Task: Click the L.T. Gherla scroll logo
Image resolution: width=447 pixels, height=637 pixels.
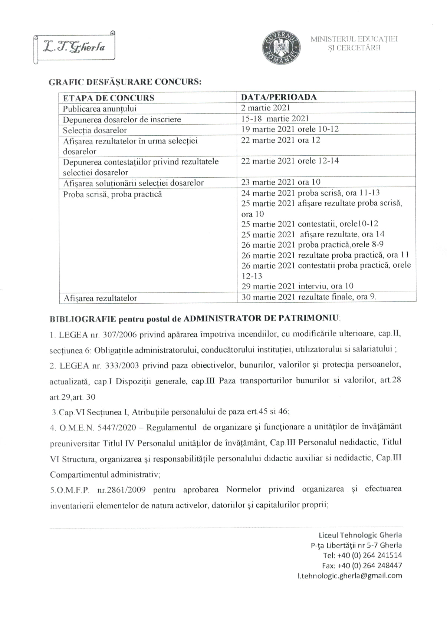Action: [x=74, y=47]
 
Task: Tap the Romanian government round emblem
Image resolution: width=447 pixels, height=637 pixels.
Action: [x=281, y=47]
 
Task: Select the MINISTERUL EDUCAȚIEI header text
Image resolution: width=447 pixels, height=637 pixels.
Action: [x=354, y=39]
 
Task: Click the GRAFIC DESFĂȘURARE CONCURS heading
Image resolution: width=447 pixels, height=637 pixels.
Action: [x=125, y=82]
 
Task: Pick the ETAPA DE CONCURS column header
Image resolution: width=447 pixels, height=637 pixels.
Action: [x=108, y=98]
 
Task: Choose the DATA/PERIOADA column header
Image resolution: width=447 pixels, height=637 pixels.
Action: [x=279, y=97]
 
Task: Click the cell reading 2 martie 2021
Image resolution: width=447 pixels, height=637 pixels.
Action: [x=266, y=108]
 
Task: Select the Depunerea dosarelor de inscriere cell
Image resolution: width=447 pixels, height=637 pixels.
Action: [x=122, y=119]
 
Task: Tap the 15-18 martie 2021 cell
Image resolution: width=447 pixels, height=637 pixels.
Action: [x=275, y=119]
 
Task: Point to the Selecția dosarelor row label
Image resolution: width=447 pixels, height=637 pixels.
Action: [x=95, y=130]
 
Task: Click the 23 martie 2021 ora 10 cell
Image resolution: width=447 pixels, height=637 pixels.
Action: [x=281, y=182]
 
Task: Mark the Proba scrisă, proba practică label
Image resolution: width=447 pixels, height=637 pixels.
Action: [x=112, y=194]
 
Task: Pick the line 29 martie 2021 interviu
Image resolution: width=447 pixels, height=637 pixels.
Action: [x=297, y=286]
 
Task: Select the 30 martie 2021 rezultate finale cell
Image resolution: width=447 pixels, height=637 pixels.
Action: [x=309, y=297]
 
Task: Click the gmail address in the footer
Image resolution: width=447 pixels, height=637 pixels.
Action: [x=350, y=576]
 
